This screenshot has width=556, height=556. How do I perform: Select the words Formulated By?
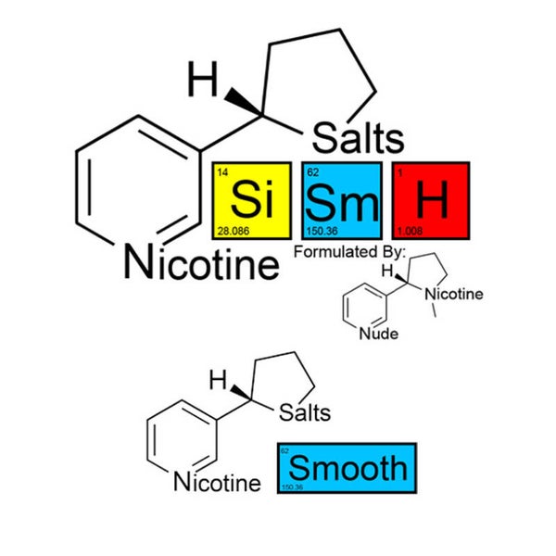[x=349, y=252]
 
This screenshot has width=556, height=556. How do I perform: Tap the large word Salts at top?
[x=359, y=138]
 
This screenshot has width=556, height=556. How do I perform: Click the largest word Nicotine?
[x=201, y=265]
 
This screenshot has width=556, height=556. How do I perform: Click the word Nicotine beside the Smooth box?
[x=217, y=482]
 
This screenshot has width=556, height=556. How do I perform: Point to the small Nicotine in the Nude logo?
[x=453, y=295]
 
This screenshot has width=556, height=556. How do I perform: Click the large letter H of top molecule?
[x=201, y=81]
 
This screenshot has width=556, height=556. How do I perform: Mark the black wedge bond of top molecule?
[x=240, y=102]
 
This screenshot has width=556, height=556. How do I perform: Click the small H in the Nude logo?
[x=390, y=271]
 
